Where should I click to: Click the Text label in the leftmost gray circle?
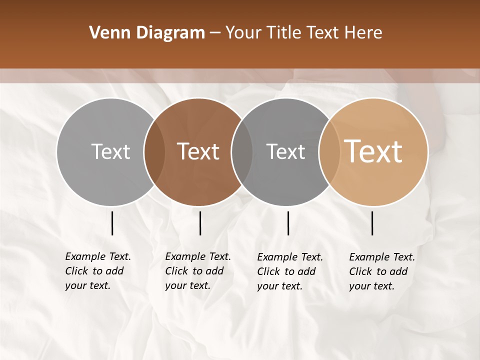[x=110, y=151]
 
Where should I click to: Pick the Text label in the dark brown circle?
[x=198, y=151]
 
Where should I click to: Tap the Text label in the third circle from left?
[x=285, y=151]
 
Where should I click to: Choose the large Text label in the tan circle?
[x=373, y=151]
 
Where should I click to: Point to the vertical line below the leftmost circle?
[x=112, y=223]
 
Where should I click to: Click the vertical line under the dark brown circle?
[x=200, y=223]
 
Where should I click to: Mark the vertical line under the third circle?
[x=288, y=223]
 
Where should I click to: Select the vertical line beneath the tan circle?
[x=372, y=223]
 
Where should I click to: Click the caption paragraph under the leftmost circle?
[x=97, y=271]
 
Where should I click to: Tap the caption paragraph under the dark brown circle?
[x=197, y=271]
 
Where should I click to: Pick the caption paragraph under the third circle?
[x=289, y=271]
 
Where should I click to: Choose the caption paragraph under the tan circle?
[x=381, y=271]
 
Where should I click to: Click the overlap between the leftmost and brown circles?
[x=154, y=151]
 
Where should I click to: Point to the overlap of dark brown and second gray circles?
[x=242, y=151]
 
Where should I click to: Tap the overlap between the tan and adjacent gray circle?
[x=329, y=151]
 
